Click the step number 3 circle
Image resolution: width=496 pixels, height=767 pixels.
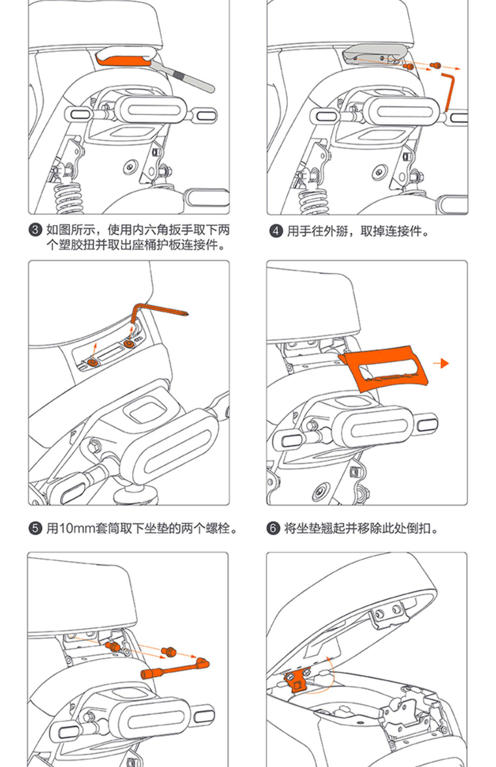[35, 230]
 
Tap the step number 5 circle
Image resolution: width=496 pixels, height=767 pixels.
[35, 529]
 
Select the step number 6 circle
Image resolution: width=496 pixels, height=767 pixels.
[273, 529]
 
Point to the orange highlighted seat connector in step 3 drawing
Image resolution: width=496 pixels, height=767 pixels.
[122, 61]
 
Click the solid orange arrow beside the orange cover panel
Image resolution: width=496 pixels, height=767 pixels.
[441, 363]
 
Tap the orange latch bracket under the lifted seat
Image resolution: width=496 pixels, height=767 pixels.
[295, 679]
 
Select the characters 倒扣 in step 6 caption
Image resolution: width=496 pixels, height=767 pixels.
[419, 529]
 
